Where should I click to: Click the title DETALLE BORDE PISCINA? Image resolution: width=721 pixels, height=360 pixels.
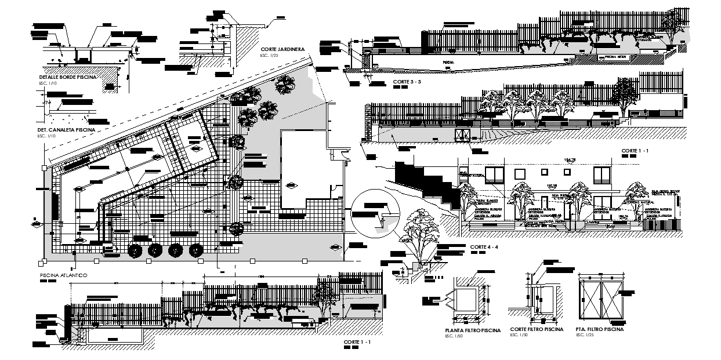tap(67, 77)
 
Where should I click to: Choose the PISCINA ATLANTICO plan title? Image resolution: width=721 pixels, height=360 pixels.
tap(63, 276)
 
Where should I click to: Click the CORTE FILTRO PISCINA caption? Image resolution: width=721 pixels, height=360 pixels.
tap(536, 329)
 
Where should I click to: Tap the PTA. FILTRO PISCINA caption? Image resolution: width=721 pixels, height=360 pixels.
tap(600, 329)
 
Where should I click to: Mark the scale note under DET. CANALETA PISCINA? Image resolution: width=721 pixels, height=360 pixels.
tap(46, 136)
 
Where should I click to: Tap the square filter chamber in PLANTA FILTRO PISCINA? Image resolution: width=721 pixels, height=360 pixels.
tap(468, 301)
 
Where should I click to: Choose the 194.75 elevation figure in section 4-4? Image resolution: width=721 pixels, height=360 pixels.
tap(573, 159)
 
